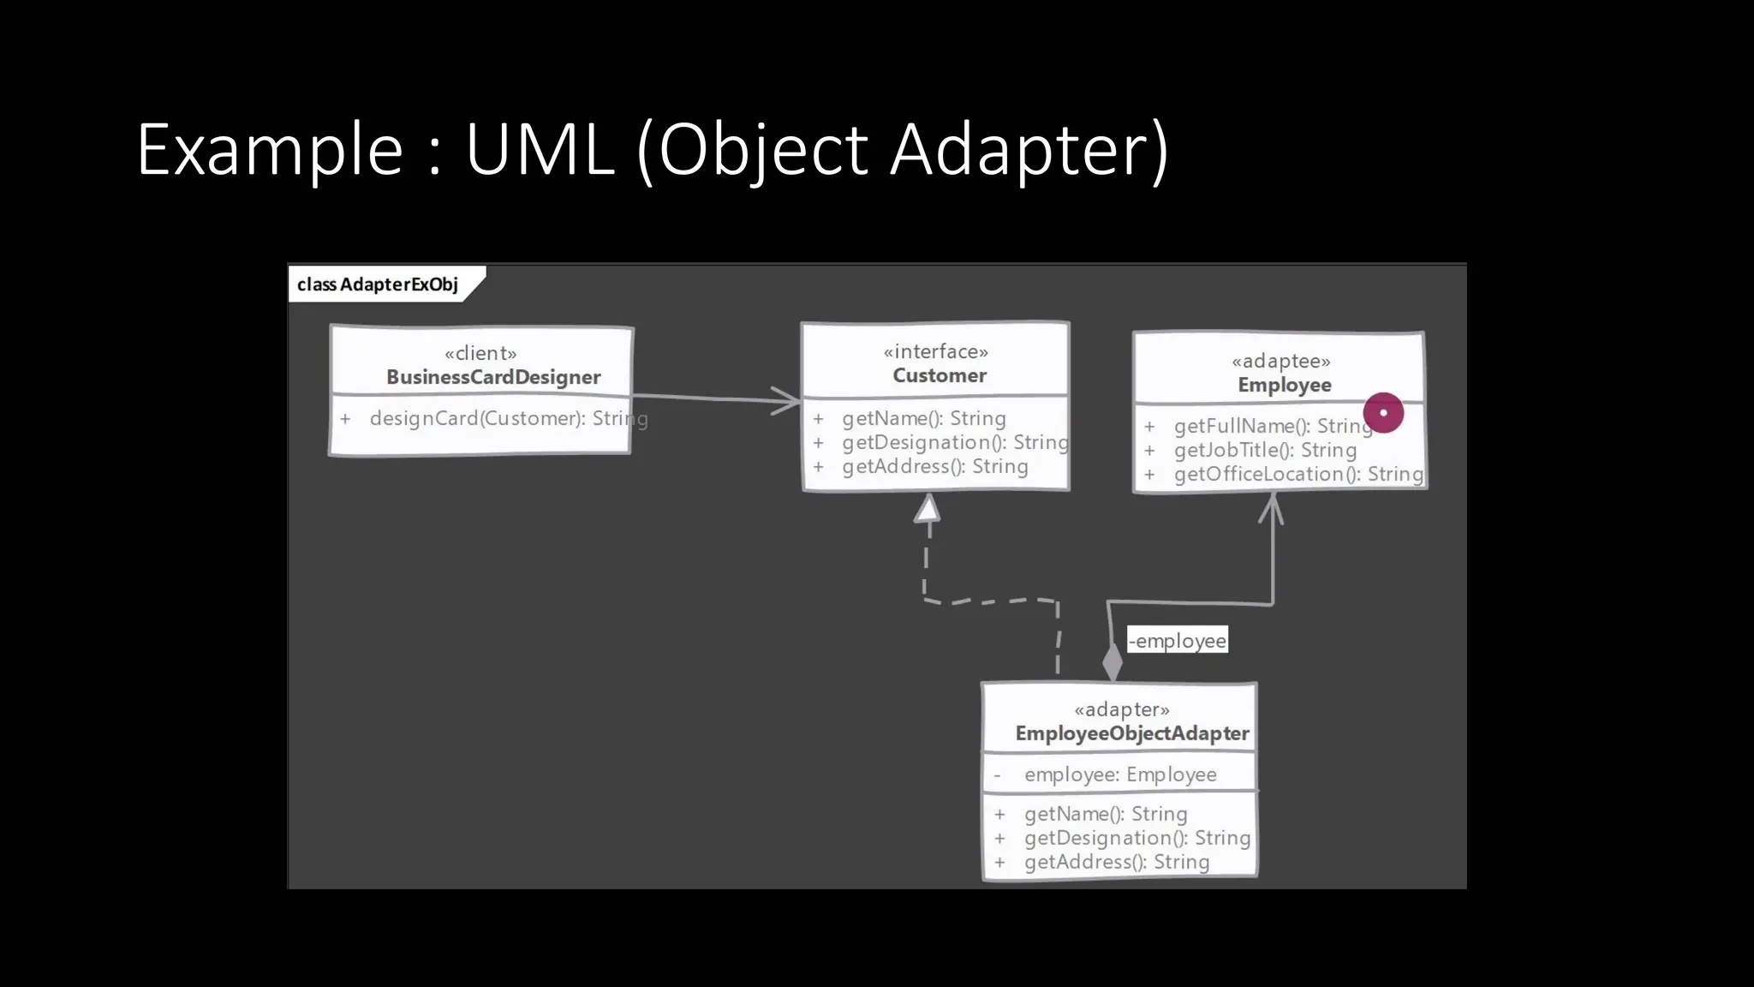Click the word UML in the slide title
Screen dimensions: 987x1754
[540, 150]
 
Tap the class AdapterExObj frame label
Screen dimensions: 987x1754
[378, 284]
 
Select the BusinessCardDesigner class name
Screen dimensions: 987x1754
[493, 377]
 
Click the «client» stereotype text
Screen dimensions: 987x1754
[480, 353]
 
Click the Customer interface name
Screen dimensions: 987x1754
[940, 375]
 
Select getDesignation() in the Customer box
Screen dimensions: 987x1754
[954, 443]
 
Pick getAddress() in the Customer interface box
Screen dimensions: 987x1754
[934, 467]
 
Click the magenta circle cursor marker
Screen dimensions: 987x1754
[1383, 413]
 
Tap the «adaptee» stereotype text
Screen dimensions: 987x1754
[1281, 362]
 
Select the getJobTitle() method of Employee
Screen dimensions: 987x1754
[1264, 451]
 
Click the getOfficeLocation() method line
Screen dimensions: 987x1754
[1298, 475]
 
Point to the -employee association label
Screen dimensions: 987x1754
[1178, 641]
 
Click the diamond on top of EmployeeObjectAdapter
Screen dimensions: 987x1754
[1113, 662]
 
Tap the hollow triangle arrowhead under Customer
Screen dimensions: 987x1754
[928, 509]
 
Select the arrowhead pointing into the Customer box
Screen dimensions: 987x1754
[786, 400]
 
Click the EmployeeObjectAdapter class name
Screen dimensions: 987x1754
[1131, 734]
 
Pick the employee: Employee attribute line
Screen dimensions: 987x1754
[1119, 775]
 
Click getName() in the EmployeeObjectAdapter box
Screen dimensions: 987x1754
[1105, 815]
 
